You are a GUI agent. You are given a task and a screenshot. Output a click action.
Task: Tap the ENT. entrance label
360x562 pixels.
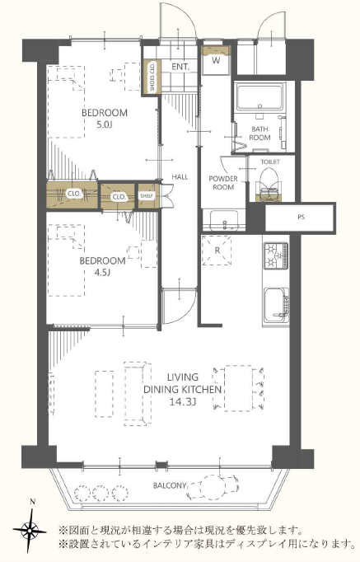[180, 67]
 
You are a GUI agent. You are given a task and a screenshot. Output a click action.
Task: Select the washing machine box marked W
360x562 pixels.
[216, 60]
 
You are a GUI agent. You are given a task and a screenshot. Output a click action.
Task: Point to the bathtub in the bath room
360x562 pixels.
[260, 96]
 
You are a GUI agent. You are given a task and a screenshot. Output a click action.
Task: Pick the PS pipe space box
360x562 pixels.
[300, 218]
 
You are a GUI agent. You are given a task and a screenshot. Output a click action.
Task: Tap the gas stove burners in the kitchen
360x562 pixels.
[276, 255]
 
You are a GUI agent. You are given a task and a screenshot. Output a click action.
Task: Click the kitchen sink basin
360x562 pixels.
[276, 306]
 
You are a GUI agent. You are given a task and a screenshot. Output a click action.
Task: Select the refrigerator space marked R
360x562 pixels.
[217, 251]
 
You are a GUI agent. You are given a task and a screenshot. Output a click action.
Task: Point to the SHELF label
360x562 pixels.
[147, 195]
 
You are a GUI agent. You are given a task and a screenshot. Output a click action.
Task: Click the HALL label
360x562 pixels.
[180, 176]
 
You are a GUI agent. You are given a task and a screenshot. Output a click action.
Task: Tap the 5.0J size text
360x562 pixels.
[105, 125]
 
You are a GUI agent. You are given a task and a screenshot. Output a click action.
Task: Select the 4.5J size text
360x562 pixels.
[102, 273]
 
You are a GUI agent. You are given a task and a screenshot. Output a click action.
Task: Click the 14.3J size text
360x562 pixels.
[183, 402]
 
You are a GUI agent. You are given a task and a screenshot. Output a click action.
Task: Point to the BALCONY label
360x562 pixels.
[170, 485]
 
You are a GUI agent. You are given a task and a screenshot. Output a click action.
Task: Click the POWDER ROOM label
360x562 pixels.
[223, 183]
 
